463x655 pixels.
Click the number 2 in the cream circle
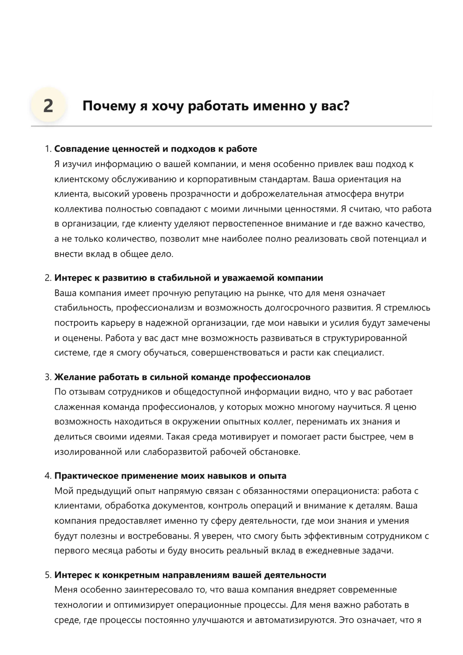48,106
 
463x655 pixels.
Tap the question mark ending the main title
346,106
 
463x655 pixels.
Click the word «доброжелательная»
281,194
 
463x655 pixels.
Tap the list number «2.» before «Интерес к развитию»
48,278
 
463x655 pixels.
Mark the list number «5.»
48,575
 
